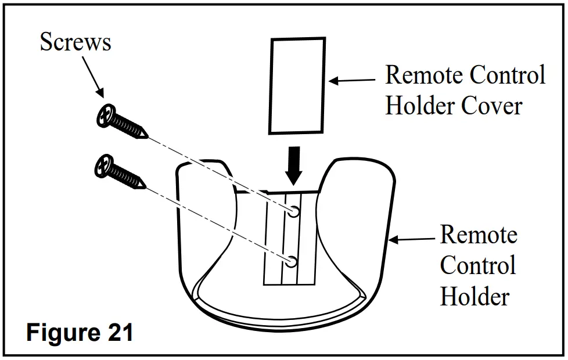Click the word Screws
pos(76,42)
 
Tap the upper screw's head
pos(104,116)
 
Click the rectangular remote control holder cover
pos(296,85)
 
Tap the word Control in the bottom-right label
pos(477,265)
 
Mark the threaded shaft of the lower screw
pos(124,177)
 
